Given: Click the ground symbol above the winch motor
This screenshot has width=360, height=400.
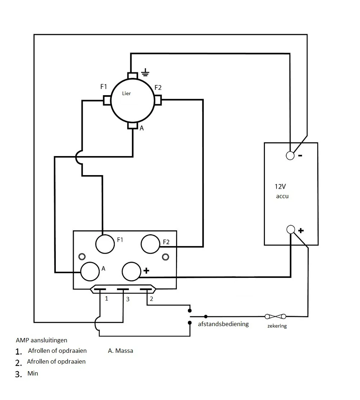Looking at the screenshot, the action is pyautogui.click(x=145, y=72).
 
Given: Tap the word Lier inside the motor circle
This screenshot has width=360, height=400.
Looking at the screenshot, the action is pyautogui.click(x=126, y=93).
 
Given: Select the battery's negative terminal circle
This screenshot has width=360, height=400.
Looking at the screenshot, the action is pyautogui.click(x=290, y=155).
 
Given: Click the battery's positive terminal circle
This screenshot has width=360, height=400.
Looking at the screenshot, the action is pyautogui.click(x=291, y=229).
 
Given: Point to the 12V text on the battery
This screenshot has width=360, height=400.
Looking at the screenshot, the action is pyautogui.click(x=280, y=186).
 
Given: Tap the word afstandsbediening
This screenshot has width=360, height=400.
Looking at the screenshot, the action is pyautogui.click(x=223, y=324).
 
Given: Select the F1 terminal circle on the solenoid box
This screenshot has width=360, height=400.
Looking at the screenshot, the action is pyautogui.click(x=105, y=244).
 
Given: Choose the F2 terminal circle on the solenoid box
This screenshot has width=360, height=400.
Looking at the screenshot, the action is pyautogui.click(x=150, y=244).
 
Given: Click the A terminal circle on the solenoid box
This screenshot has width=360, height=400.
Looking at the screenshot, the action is pyautogui.click(x=90, y=271).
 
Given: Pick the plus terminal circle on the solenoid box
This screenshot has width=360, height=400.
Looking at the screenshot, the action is pyautogui.click(x=131, y=271).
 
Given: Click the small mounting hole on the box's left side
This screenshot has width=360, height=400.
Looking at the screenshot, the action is pyautogui.click(x=82, y=256).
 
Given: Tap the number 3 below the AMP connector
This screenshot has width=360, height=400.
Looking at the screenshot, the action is pyautogui.click(x=128, y=299).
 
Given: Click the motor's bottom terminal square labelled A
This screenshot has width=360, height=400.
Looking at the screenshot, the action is pyautogui.click(x=133, y=125).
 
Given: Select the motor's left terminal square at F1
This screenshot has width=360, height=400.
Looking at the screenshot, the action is pyautogui.click(x=107, y=100).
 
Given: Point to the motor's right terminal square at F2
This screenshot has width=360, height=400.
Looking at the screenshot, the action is pyautogui.click(x=158, y=100).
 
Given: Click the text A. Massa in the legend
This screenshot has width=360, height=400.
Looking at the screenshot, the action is pyautogui.click(x=121, y=351).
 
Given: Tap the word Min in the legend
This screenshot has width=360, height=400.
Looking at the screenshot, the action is pyautogui.click(x=33, y=373).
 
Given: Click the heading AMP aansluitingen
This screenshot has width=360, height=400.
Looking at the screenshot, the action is pyautogui.click(x=41, y=340).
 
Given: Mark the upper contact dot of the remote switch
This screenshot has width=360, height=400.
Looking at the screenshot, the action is pyautogui.click(x=190, y=311).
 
